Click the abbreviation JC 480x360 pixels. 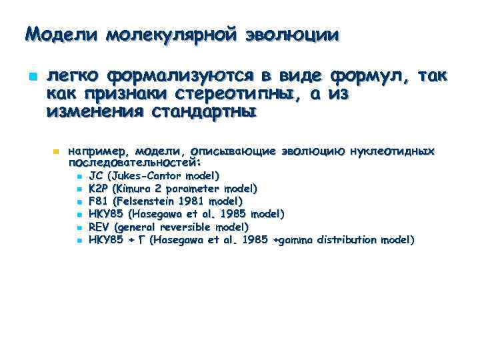point(96,176)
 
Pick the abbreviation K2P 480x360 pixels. point(99,189)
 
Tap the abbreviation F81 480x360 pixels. point(98,201)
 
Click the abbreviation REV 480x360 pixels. point(99,227)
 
